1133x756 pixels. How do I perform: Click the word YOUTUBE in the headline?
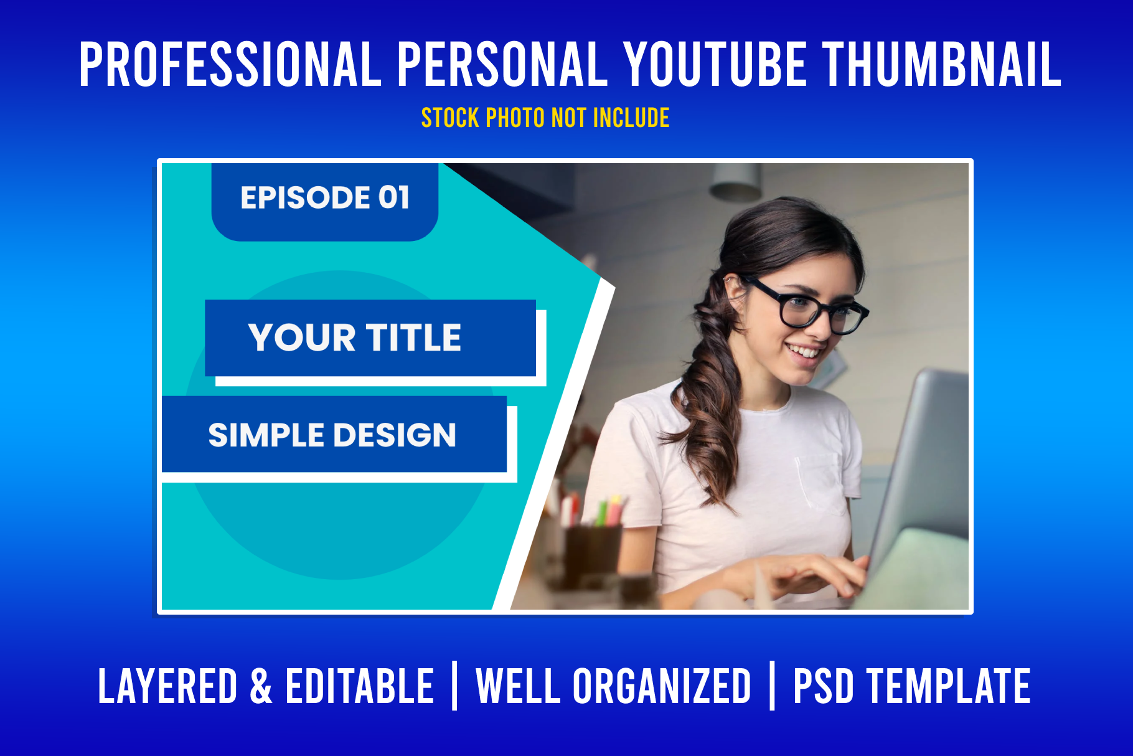click(715, 64)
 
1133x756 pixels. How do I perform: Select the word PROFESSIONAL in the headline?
click(230, 64)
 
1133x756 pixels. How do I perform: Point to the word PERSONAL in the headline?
click(502, 64)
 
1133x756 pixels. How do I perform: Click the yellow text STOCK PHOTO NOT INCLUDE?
click(545, 118)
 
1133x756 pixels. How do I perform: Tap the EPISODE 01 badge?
click(325, 201)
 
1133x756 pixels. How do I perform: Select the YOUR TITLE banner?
click(370, 338)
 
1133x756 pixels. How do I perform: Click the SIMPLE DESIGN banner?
click(334, 434)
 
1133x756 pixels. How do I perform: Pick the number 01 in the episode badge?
click(394, 197)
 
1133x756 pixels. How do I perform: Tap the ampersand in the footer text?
click(261, 686)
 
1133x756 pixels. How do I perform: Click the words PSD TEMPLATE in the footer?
click(911, 686)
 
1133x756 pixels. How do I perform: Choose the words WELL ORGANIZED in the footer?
click(613, 686)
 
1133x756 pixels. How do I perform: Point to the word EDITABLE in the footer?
click(359, 686)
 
